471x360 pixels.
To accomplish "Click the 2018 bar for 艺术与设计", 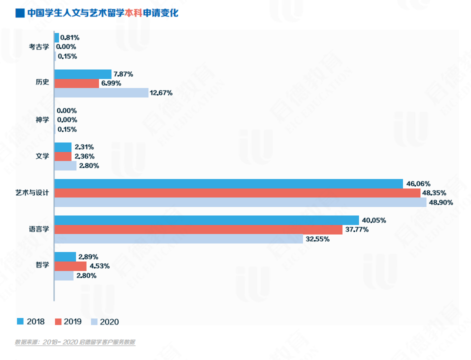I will pyautogui.click(x=228, y=183).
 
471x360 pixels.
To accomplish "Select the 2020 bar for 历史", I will pyautogui.click(x=101, y=92).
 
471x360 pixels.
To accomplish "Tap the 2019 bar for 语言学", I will pyautogui.click(x=198, y=229).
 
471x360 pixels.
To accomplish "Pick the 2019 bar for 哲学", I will pyautogui.click(x=70, y=266).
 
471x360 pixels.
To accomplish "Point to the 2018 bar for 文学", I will pyautogui.click(x=62, y=147).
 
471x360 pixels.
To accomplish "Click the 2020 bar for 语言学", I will pyautogui.click(x=178, y=239).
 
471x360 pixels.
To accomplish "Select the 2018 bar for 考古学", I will pyautogui.click(x=56, y=37).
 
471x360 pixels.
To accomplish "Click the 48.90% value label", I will pyautogui.click(x=441, y=202).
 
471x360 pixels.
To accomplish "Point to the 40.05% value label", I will pyautogui.click(x=374, y=220).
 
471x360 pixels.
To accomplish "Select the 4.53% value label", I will pyautogui.click(x=99, y=266).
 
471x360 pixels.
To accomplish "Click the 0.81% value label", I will pyautogui.click(x=70, y=37).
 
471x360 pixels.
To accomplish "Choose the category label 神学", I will pyautogui.click(x=42, y=120).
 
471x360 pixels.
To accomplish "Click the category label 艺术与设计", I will pyautogui.click(x=32, y=193).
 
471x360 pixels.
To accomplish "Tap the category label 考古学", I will pyautogui.click(x=39, y=47).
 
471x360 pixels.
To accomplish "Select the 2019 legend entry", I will pyautogui.click(x=68, y=321).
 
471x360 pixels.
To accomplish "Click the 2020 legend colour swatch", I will pyautogui.click(x=94, y=321).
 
